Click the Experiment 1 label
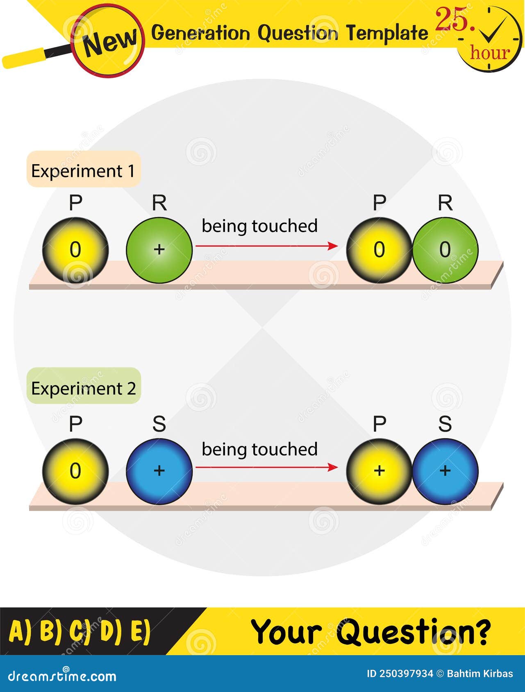tap(83, 171)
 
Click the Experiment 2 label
tap(83, 388)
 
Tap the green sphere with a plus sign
tap(159, 250)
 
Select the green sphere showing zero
tap(445, 250)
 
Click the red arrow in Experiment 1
tap(266, 246)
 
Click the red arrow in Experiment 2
tap(266, 467)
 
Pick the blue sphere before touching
tap(159, 471)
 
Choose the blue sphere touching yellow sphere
tap(445, 471)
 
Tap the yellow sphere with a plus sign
tap(379, 471)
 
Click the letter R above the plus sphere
tap(159, 203)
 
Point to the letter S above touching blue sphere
tap(445, 424)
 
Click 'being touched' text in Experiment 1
tap(259, 226)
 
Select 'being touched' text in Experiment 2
tap(259, 449)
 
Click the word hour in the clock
tap(490, 52)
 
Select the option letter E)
tap(141, 631)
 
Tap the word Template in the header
tap(386, 33)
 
